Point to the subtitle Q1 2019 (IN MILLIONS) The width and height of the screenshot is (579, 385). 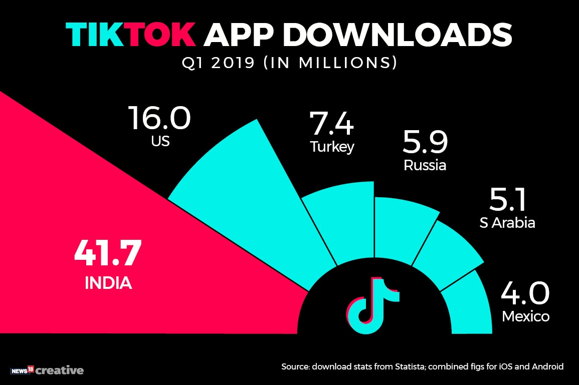[289, 64]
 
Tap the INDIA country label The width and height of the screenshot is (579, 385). [108, 283]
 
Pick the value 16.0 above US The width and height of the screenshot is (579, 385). [159, 118]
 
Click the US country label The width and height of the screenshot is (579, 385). [160, 142]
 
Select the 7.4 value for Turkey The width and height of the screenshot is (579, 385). [331, 124]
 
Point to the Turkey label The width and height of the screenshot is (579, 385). [332, 147]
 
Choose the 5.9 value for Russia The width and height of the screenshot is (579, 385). [425, 143]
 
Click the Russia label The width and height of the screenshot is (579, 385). [425, 165]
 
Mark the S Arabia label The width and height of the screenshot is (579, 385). [507, 222]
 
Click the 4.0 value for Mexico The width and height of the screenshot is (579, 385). [525, 293]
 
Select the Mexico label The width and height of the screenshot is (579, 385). [525, 317]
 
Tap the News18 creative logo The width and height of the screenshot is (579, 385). [47, 370]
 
